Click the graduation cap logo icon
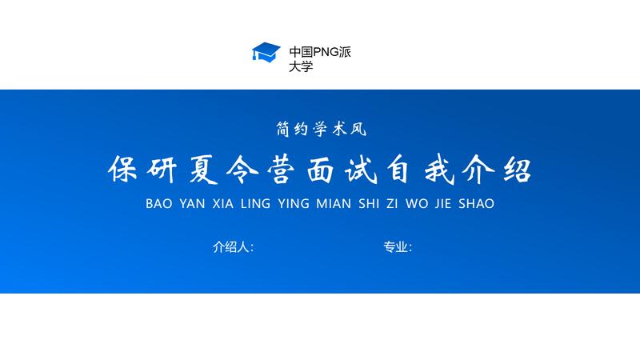pos(265,53)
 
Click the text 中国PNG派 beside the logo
pos(320,52)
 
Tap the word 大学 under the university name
pos(301,66)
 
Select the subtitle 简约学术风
pos(320,127)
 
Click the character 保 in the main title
pos(124,170)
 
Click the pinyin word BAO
pos(159,204)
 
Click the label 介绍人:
pos(233,247)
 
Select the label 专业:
pos(398,247)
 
